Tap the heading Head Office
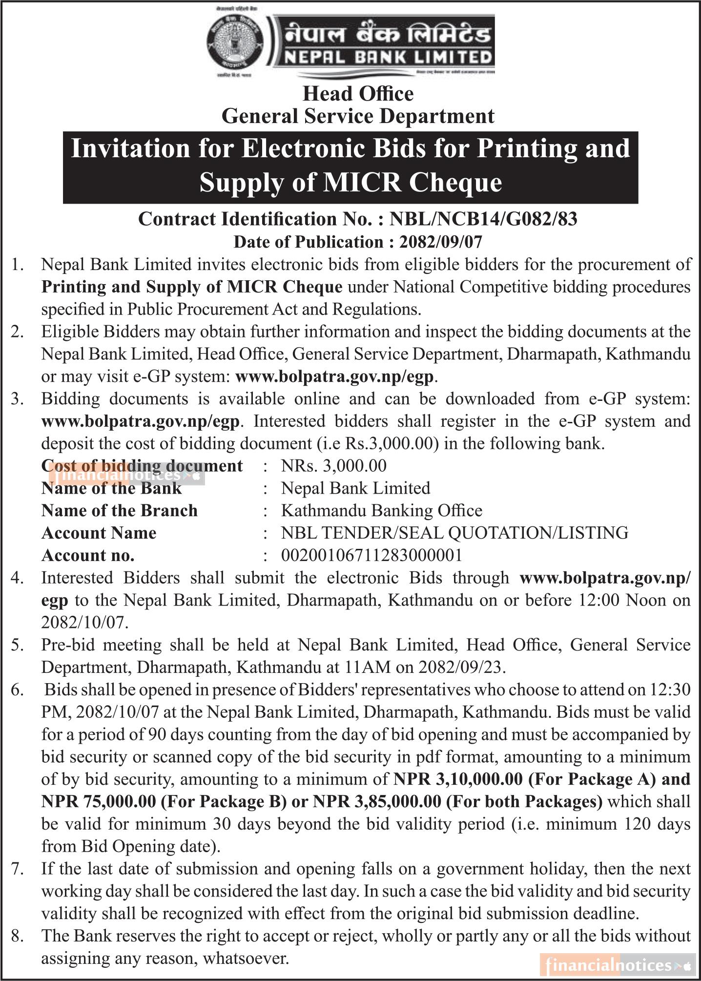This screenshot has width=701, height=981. pos(358,94)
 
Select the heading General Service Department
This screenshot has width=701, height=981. pos(358,116)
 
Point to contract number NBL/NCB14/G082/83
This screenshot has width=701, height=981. pos(483,219)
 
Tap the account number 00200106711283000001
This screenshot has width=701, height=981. pos(371,555)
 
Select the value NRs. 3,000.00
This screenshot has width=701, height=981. pos(334,466)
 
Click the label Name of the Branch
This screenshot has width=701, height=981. pos(120,511)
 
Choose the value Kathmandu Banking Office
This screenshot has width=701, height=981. pos(382,511)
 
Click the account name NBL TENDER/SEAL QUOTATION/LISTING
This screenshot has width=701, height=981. pos(454,533)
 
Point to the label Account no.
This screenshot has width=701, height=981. pos(88,555)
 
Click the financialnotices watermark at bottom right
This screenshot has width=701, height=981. pos(618,965)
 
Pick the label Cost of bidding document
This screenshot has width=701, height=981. pos(142,466)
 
